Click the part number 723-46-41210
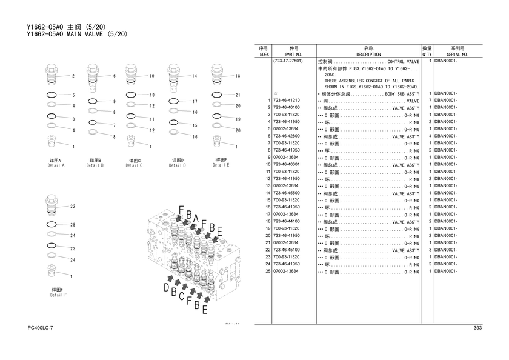click(287, 101)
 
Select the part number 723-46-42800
click(287, 136)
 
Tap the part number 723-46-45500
click(287, 193)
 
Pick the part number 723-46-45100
click(287, 250)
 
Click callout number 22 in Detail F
click(73, 207)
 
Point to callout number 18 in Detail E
click(238, 76)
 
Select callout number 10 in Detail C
click(152, 76)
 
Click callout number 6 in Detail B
click(114, 76)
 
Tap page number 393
click(478, 328)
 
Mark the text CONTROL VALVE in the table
click(403, 62)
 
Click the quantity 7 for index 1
click(429, 101)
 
